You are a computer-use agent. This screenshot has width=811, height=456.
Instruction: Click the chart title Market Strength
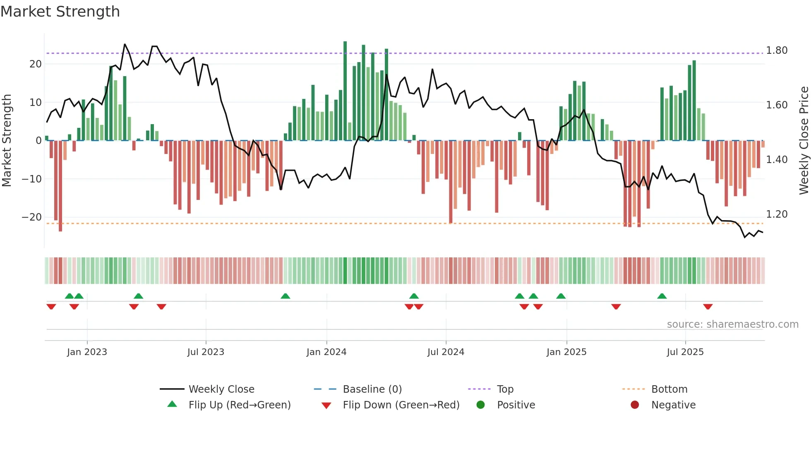point(60,12)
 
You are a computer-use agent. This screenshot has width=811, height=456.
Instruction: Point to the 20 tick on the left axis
point(36,64)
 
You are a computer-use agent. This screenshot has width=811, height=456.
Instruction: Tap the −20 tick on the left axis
point(32,217)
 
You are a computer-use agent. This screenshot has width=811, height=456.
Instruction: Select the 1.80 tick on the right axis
point(777,50)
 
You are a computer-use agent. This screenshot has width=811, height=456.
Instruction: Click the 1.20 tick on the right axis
point(777,214)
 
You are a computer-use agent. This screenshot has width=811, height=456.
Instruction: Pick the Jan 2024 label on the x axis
point(326,352)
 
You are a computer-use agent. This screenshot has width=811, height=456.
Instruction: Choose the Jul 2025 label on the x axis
point(685,352)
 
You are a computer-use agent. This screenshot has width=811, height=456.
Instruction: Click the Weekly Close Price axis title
point(804,141)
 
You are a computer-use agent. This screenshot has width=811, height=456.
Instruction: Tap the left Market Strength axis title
point(7,141)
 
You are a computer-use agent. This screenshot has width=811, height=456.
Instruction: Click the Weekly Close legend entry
point(221,389)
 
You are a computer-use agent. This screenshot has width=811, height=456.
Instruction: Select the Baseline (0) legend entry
point(372,389)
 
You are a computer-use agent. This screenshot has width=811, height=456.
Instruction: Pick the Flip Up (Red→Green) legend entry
point(240,405)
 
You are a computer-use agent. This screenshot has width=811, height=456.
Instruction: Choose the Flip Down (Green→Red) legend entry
point(401,405)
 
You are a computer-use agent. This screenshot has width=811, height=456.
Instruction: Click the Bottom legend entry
point(669,389)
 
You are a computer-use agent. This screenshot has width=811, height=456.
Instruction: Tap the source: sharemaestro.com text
point(732,324)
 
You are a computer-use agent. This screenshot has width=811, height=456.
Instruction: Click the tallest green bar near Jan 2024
point(345,91)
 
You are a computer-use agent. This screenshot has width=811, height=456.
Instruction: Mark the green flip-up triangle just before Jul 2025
point(662,296)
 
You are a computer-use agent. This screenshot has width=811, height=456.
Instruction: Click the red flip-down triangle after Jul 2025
point(708,307)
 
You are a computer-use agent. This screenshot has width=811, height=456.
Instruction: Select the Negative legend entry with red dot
point(673,405)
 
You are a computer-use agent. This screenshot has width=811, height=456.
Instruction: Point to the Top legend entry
point(505,389)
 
